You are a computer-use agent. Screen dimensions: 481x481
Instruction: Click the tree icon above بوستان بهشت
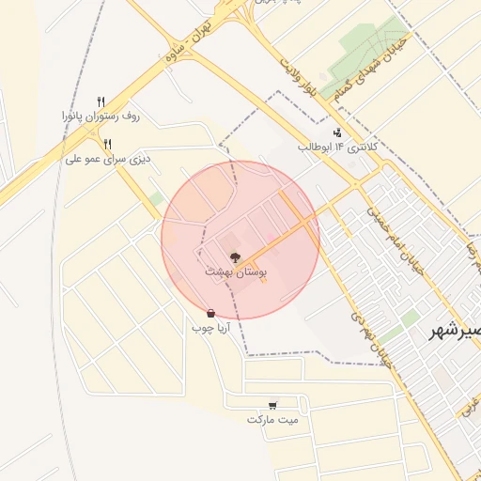pos(235,256)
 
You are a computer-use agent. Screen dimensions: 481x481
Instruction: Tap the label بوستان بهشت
pos(236,272)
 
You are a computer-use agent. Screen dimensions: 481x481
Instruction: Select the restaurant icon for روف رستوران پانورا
pos(101,101)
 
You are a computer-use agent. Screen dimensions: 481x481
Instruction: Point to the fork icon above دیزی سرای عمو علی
pos(108,144)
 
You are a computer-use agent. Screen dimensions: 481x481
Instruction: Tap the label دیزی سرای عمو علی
pos(107,159)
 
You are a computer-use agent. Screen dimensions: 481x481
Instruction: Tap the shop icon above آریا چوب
pos(210,314)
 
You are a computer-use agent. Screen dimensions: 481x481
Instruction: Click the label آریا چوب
pos(210,329)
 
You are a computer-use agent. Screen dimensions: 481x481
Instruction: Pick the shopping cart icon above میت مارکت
pos(272,405)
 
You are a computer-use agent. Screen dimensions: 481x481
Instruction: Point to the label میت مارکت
pos(272,420)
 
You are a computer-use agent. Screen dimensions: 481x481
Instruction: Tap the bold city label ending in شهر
pos(456,331)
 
